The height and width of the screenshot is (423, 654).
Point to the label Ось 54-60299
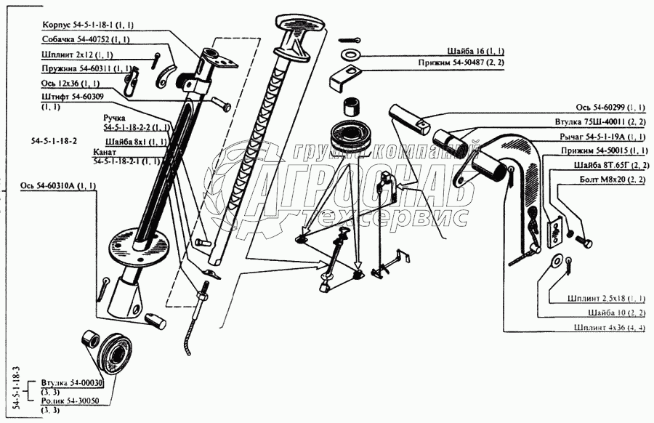click(600, 108)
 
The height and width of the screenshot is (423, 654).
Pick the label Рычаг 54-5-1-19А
click(593, 137)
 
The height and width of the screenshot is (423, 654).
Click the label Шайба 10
click(604, 313)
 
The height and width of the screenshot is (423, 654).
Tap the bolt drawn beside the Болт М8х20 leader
click(584, 241)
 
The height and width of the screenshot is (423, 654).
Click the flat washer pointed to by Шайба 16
click(349, 54)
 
